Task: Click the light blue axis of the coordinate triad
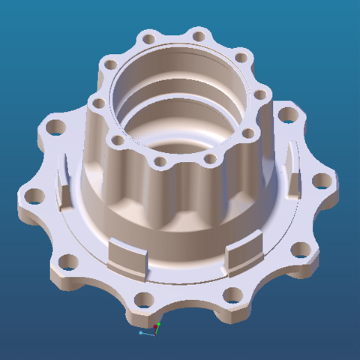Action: pos(147,333)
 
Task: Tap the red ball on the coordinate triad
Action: pos(156,326)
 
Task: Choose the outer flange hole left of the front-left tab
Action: pos(67,262)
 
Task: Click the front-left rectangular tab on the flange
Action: pos(126,254)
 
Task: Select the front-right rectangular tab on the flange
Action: pos(244,250)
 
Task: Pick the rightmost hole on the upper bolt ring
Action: pos(260,95)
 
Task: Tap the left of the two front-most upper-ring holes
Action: pos(160,162)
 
